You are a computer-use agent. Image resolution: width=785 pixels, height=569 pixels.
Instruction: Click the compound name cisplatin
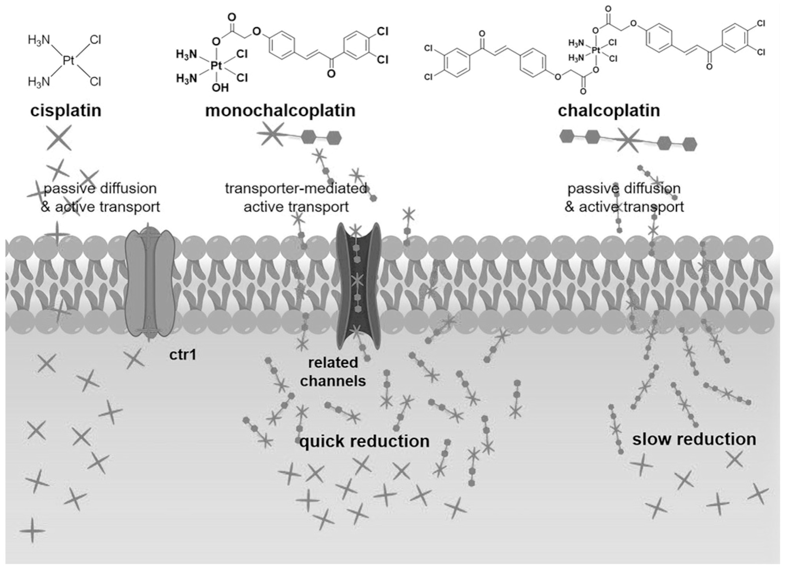click(66, 111)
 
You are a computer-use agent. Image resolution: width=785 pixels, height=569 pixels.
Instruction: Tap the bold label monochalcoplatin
click(280, 111)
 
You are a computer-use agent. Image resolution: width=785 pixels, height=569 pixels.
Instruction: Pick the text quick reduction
click(364, 441)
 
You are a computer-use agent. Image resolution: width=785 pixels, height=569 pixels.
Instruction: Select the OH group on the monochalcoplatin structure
click(220, 87)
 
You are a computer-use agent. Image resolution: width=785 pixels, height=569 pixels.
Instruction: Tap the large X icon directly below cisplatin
click(59, 138)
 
